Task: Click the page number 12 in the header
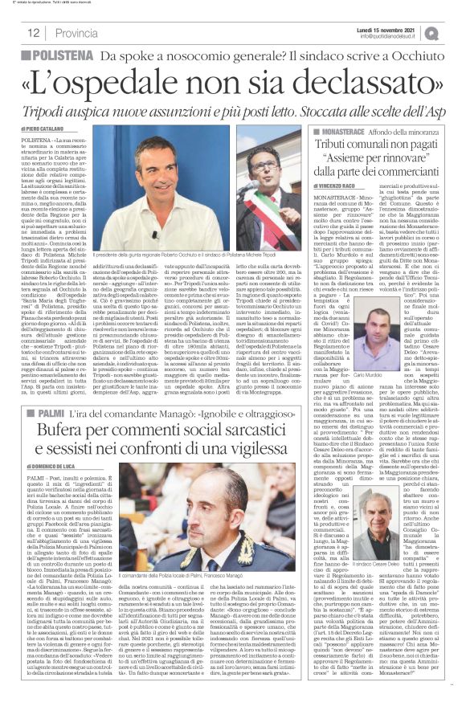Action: coord(33,33)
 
